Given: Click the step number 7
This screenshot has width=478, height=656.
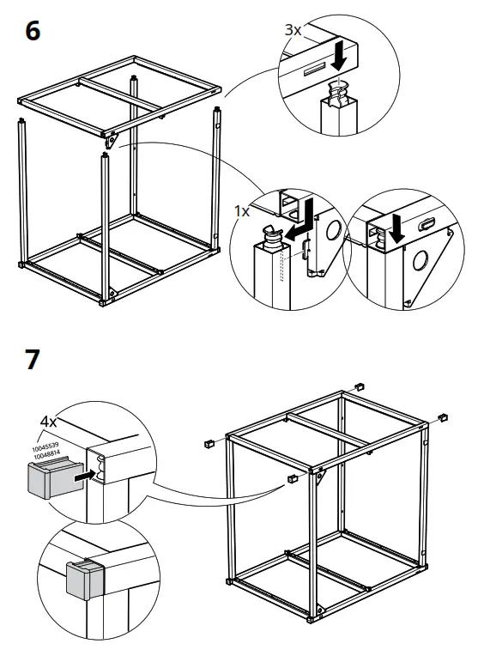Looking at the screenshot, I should pos(32,358).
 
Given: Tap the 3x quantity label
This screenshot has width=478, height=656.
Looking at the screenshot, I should pos(293,29).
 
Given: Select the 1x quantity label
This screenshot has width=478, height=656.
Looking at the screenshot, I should pos(244,210).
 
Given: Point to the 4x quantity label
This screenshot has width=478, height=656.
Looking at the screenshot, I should pos(50,422).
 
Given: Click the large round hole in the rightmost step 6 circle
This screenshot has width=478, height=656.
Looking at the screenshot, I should pos(423,260).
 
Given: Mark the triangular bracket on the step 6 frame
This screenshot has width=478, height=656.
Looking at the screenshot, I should pos(112,137).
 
